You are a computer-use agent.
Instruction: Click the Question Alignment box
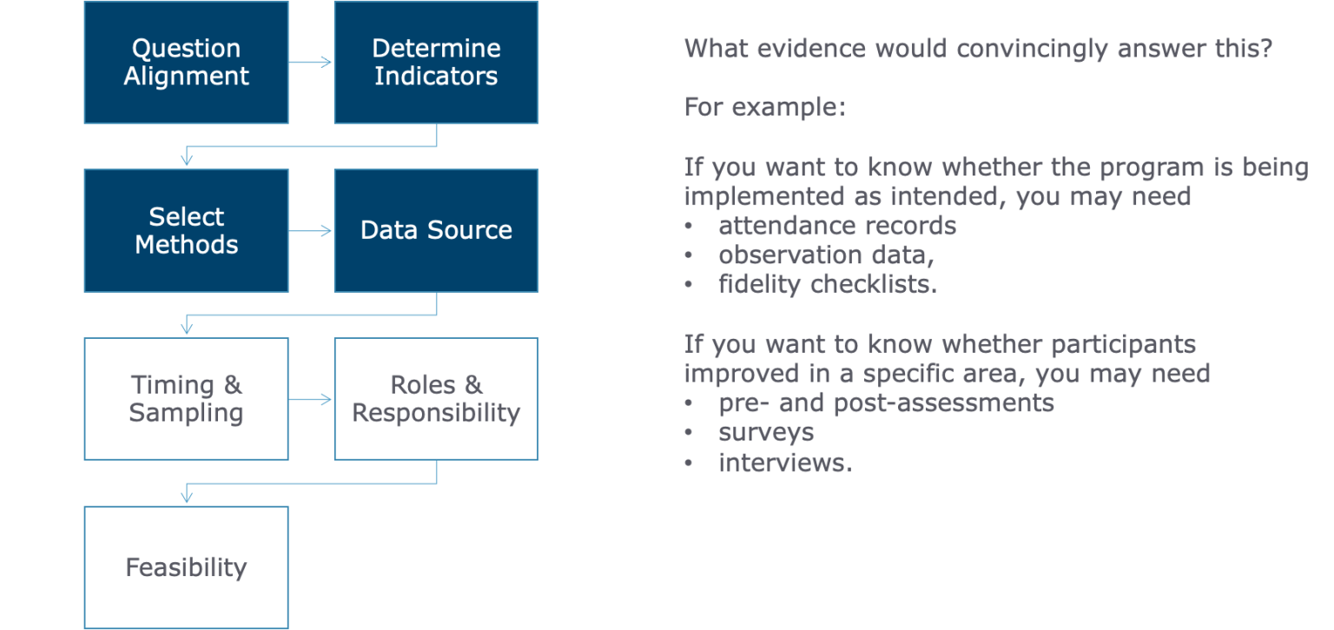[x=186, y=62]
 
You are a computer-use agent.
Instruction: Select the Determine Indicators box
[x=436, y=62]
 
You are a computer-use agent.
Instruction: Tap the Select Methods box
[x=186, y=230]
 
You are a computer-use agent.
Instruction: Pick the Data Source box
[x=436, y=230]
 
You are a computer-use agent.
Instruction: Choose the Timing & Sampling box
[x=186, y=399]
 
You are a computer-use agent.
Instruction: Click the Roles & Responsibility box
[x=436, y=399]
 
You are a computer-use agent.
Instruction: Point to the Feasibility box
[x=186, y=567]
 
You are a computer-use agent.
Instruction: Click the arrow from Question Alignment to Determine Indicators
[x=311, y=62]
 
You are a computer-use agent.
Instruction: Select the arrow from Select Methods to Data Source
[x=311, y=230]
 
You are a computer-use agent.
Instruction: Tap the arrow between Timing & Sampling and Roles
[x=311, y=400]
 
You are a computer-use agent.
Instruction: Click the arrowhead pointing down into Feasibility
[x=186, y=497]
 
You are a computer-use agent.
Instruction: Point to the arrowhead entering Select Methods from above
[x=186, y=160]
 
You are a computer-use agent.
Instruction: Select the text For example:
[x=764, y=108]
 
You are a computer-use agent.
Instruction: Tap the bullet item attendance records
[x=837, y=226]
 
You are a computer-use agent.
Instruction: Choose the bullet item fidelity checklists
[x=827, y=284]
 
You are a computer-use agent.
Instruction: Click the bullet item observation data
[x=826, y=255]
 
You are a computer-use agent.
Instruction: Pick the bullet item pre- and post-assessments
[x=886, y=403]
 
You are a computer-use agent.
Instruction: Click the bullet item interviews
[x=784, y=462]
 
